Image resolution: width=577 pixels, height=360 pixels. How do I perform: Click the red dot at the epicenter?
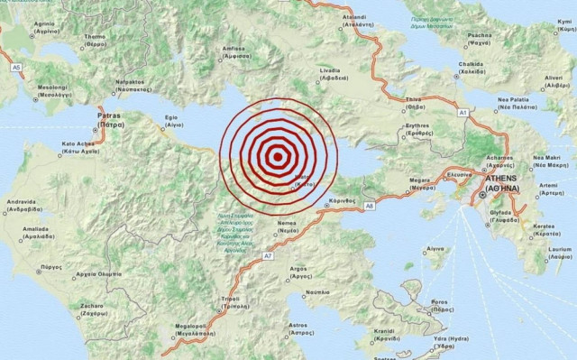coord(275,155)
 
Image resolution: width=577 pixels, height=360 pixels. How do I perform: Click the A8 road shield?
coord(369,207)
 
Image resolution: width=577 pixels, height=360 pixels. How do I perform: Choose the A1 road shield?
coord(463,113)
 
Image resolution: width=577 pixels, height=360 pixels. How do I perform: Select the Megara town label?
coord(396,180)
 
